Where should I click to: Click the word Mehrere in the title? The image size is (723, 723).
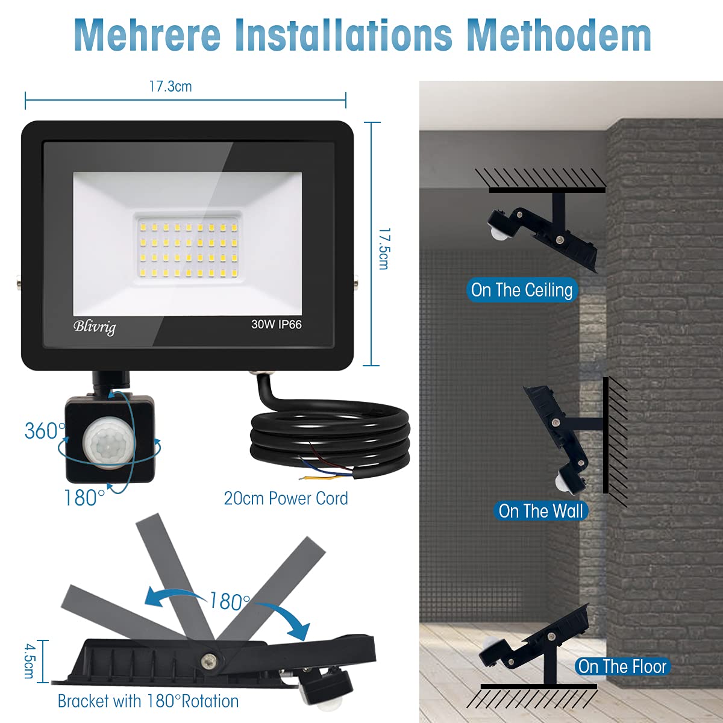coord(148,35)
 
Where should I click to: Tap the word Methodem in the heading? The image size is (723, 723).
coord(559,35)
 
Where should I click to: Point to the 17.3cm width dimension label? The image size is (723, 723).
coord(171,87)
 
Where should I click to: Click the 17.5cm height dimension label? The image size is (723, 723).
coord(384,249)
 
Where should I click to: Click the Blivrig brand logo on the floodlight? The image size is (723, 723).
coord(95,327)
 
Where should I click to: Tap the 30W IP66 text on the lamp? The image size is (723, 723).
coord(277,324)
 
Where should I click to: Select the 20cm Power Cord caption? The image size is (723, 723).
coord(286,499)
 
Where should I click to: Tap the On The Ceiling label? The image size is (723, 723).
coord(522,290)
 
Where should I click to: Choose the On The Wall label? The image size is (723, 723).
coord(540,511)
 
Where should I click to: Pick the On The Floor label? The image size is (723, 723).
coord(622,666)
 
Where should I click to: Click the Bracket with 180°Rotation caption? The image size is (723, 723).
coord(148,701)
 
